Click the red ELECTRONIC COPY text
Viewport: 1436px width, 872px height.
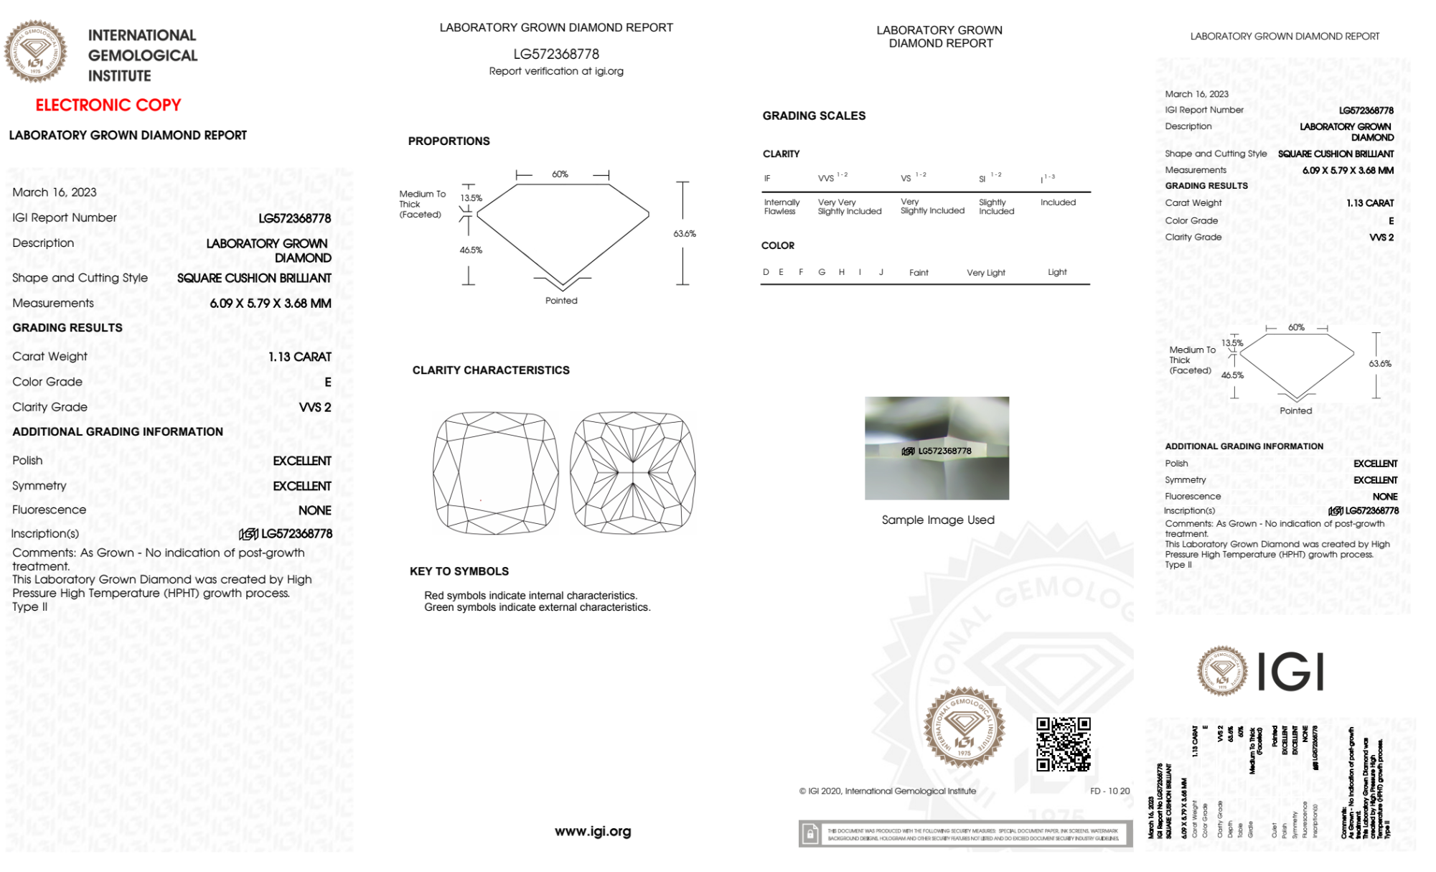(108, 105)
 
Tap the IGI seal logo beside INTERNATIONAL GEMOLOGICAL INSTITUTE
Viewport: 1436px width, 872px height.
(35, 51)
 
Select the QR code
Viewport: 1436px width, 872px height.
(1064, 744)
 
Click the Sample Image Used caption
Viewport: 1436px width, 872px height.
(938, 520)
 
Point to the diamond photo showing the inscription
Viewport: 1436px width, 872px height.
(937, 448)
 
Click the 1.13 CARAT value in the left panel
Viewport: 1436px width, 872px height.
(300, 357)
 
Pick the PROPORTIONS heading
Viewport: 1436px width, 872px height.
(449, 141)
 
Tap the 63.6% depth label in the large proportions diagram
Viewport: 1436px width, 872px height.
(685, 234)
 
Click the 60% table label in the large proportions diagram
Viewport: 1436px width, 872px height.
(560, 174)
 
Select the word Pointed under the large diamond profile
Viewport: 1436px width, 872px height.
(561, 301)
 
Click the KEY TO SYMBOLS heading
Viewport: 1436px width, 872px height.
(459, 571)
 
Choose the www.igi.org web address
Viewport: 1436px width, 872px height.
(593, 831)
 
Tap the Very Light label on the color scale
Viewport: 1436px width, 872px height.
(986, 273)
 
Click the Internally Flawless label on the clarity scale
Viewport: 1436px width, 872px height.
(782, 207)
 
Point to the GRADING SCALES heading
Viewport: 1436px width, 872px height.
(814, 116)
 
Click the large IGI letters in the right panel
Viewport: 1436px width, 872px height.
(1291, 672)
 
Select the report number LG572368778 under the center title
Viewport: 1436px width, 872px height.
(556, 54)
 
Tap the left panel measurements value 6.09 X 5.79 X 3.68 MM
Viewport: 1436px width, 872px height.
(271, 304)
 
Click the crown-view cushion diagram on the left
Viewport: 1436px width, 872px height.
(495, 472)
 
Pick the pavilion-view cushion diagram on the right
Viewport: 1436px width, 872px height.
(633, 472)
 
